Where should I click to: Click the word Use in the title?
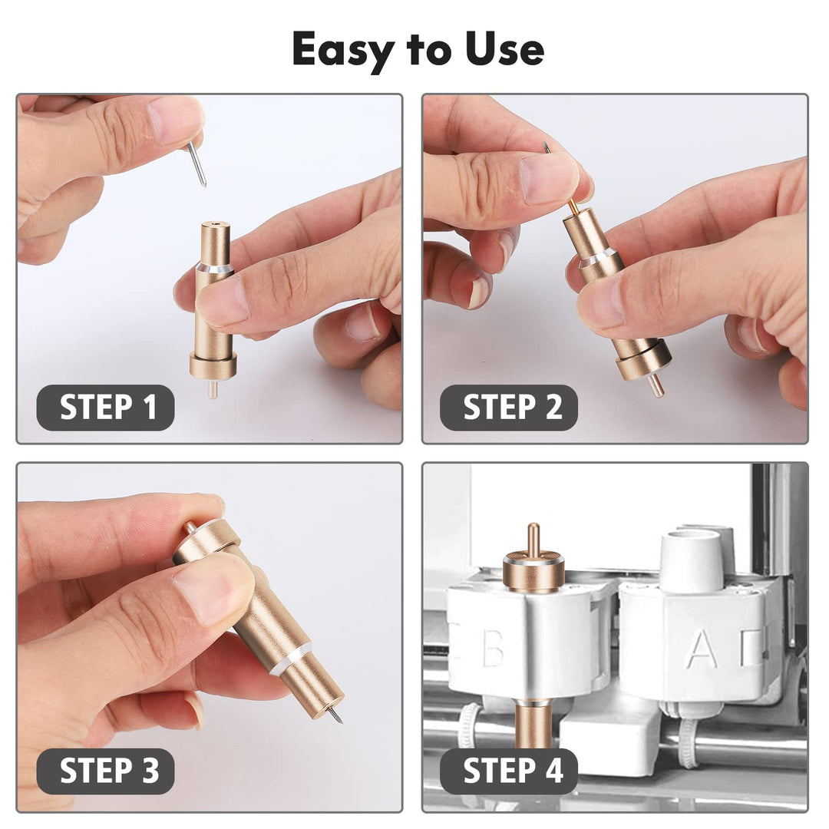coord(503,49)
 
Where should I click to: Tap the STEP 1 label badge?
coord(106,407)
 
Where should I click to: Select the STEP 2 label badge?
coord(508,407)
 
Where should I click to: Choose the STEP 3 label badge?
coord(106,771)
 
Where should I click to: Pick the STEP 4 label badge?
coord(508,771)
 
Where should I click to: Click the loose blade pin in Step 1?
coord(197,162)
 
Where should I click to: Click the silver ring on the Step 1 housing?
coord(214,269)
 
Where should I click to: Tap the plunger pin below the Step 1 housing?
coord(213,389)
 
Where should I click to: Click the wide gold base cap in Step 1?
coord(213,365)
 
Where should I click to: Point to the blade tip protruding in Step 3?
coord(335,716)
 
